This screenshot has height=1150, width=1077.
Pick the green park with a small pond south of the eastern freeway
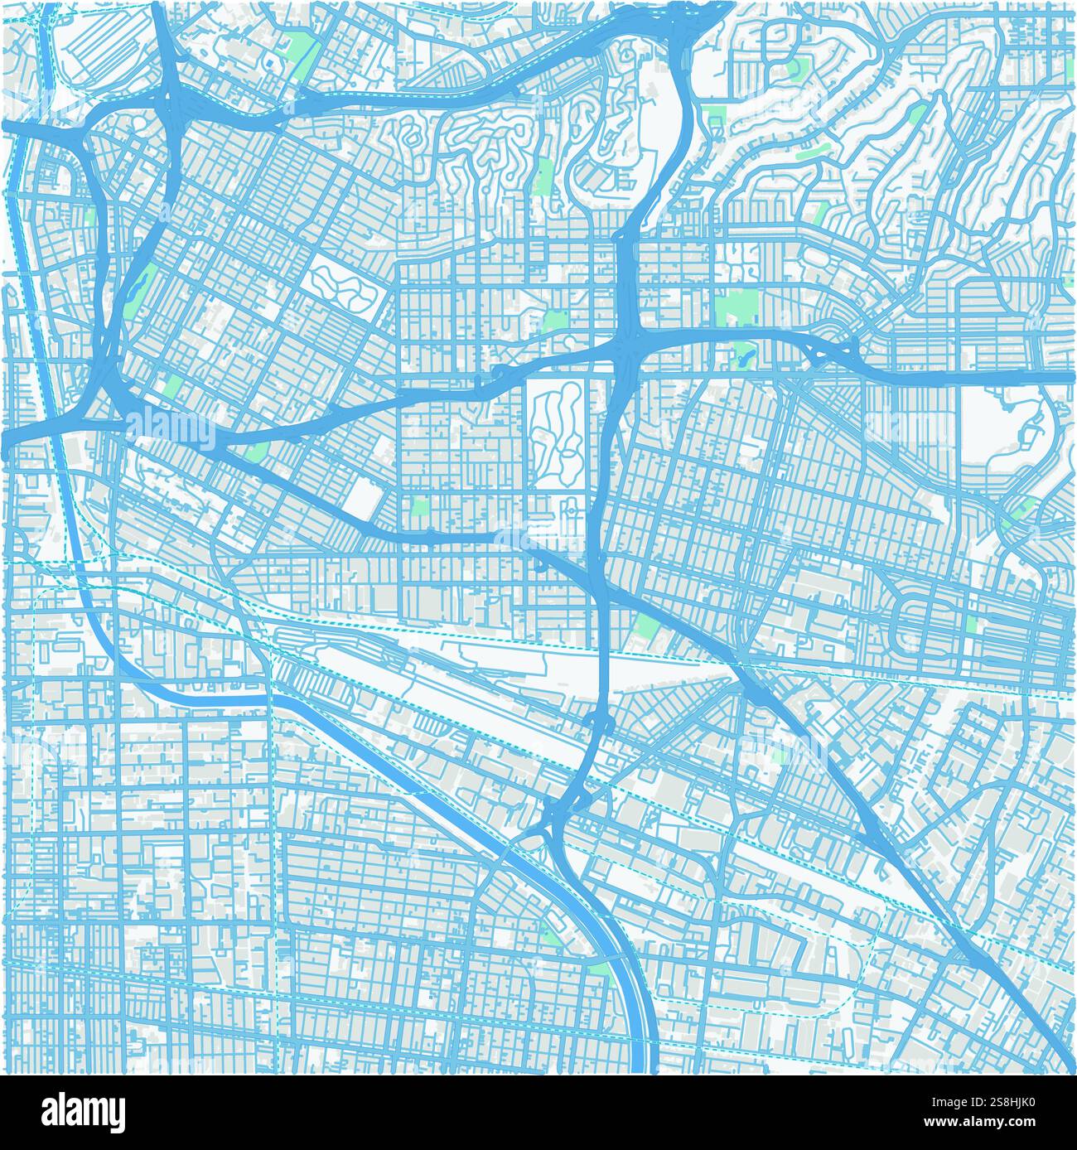coord(741,355)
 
